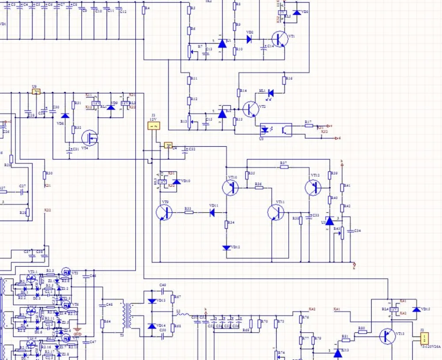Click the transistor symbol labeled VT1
click(279, 39)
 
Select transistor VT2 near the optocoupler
click(251, 109)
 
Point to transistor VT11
click(275, 212)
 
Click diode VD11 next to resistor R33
click(212, 212)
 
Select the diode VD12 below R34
click(226, 248)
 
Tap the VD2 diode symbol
click(249, 39)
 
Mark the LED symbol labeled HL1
click(271, 93)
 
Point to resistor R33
click(189, 212)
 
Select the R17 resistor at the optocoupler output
click(309, 125)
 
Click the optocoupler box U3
click(275, 130)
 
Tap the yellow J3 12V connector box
click(154, 126)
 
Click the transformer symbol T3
click(129, 316)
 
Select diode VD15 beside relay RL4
click(415, 309)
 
